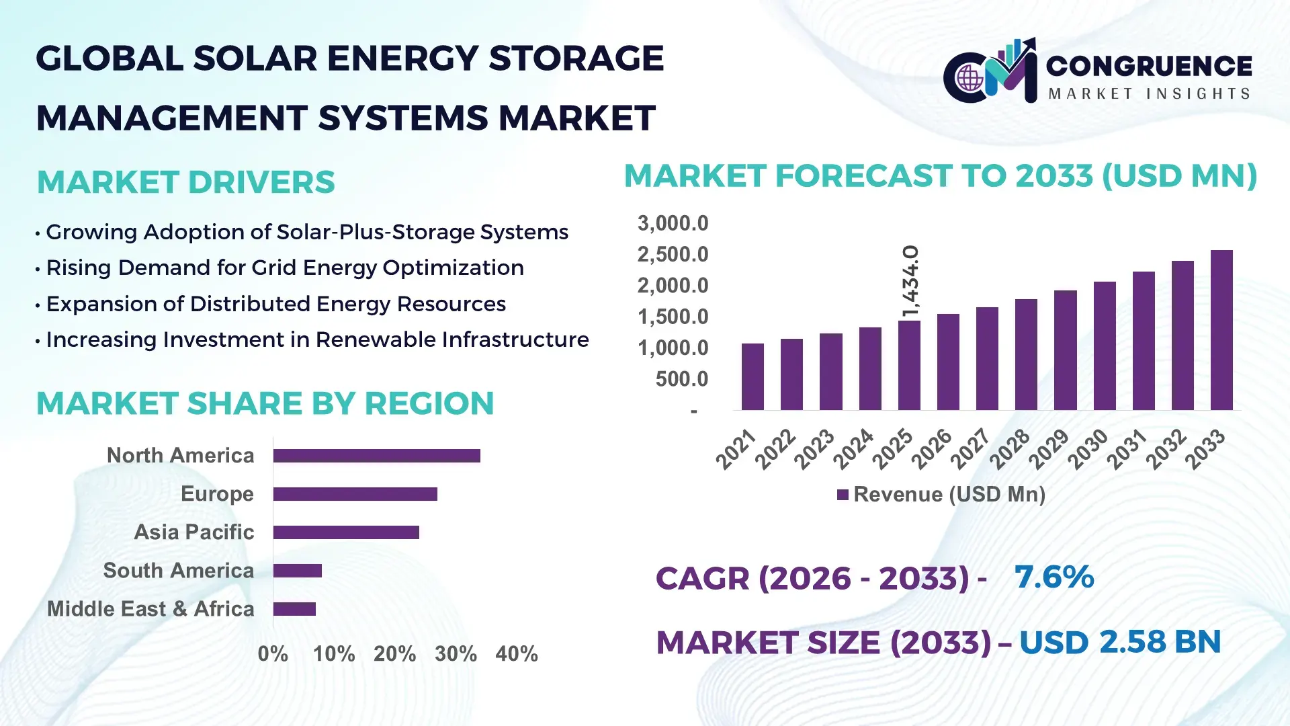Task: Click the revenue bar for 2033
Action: (x=1221, y=331)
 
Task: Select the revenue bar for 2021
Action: (x=752, y=377)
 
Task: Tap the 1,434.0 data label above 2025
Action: (x=910, y=281)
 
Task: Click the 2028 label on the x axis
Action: (x=1010, y=448)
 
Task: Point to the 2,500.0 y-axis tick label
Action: (x=673, y=255)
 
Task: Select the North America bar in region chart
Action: (x=376, y=456)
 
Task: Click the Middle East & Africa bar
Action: (x=294, y=609)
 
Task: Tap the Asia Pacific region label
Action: (x=194, y=532)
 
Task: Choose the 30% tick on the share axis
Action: (x=456, y=654)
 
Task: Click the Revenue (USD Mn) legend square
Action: (x=843, y=495)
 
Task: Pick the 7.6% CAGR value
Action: (x=1054, y=577)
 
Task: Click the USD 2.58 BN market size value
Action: (x=1120, y=642)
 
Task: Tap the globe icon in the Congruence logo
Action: (x=970, y=79)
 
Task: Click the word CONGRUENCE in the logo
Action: (x=1149, y=66)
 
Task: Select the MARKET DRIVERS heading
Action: (x=186, y=182)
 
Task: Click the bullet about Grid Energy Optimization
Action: (x=285, y=268)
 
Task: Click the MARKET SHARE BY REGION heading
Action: (x=265, y=403)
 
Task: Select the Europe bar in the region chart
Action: (x=355, y=494)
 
